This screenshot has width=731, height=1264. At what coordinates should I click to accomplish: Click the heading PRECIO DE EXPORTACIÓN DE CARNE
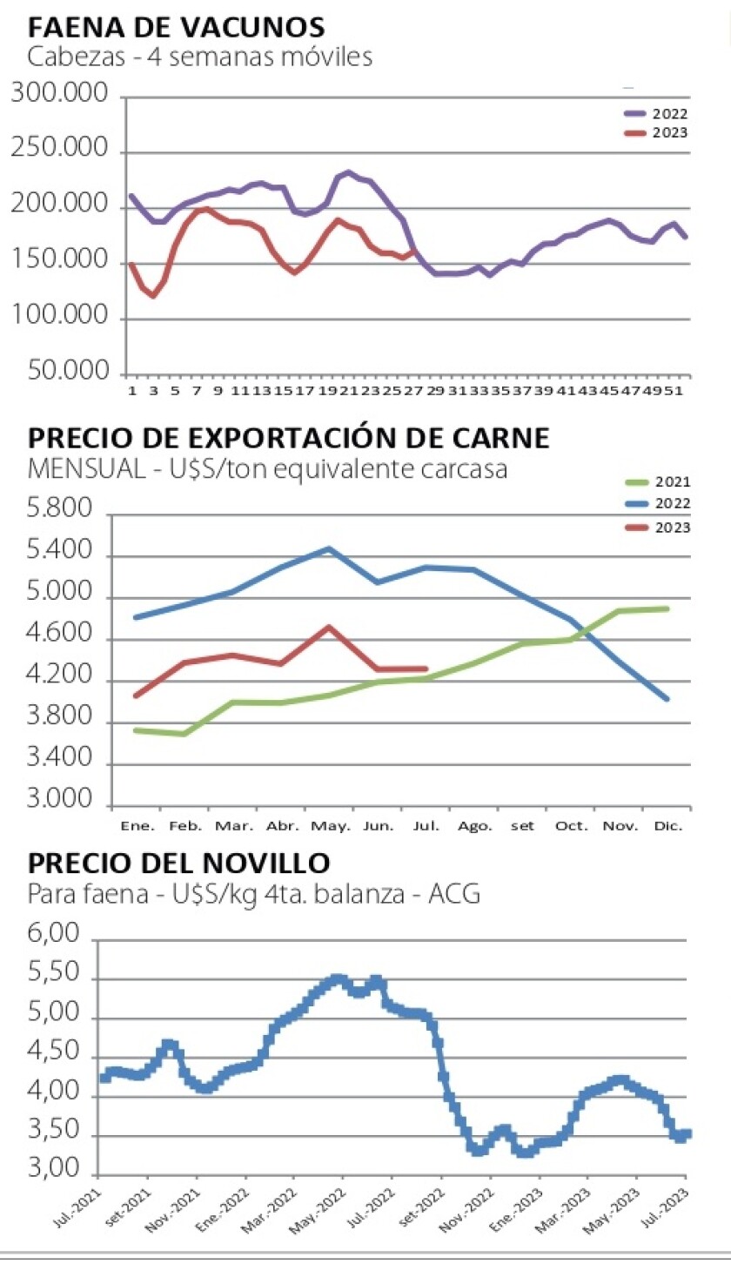(288, 438)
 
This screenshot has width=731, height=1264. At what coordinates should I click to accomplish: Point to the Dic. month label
(670, 824)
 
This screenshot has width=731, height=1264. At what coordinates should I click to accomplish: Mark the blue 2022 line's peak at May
(329, 548)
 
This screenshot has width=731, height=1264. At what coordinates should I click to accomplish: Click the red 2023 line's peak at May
(328, 626)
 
